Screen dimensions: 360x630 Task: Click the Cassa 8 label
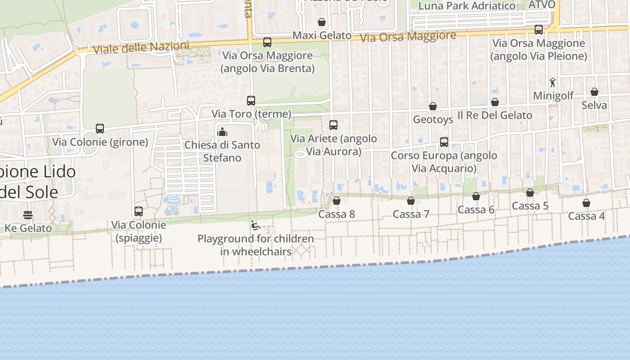coord(337,214)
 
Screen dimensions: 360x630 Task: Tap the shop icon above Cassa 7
coord(411,201)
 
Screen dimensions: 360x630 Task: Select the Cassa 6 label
coord(476,210)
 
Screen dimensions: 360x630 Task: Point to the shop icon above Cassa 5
coord(530,193)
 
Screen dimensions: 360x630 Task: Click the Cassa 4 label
coord(586,216)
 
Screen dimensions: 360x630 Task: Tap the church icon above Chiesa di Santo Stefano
coord(222,132)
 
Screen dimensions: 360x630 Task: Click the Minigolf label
coord(553,96)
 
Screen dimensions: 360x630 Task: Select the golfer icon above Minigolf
coord(553,82)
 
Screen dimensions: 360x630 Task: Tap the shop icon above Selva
coord(594,92)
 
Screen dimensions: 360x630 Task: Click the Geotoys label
coord(433,120)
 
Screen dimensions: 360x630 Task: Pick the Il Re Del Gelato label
coord(495,115)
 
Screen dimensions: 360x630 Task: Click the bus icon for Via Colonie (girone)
coord(100,129)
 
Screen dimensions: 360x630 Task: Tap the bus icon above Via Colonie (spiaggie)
coord(139,211)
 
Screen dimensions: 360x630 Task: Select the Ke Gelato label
coord(28,228)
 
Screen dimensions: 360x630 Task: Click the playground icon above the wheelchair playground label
coord(256,225)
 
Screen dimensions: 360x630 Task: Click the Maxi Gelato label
coord(322,35)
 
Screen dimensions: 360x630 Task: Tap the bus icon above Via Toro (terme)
coord(251,101)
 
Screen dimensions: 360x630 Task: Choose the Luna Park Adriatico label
coord(467,6)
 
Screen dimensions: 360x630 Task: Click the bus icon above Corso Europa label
coord(444,142)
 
